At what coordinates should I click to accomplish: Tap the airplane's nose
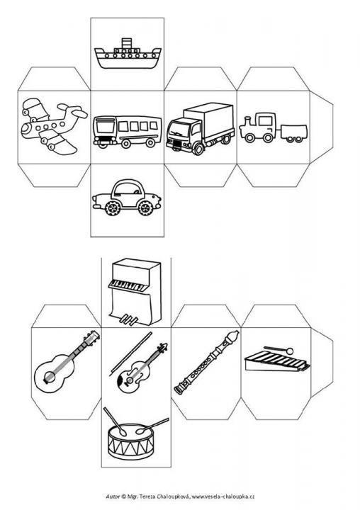24,129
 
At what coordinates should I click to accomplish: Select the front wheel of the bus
103,144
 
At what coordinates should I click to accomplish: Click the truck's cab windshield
178,130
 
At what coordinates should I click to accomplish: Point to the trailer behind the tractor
293,133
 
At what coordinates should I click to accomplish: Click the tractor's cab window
266,120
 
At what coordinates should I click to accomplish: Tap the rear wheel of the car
113,208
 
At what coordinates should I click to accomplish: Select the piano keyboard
126,285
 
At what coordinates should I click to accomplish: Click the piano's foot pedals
128,319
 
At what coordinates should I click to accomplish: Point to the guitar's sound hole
50,377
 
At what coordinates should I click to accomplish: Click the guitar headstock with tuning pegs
92,337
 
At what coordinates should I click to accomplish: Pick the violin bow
131,354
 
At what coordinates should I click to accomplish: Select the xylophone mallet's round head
289,351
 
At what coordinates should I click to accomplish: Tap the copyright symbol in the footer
124,497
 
